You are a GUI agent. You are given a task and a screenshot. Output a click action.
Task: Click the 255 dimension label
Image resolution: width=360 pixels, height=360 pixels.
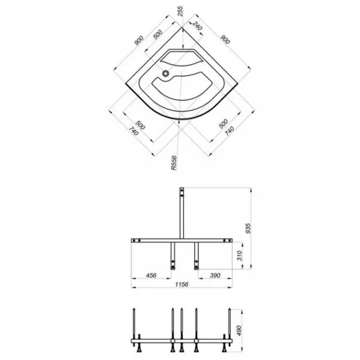tap(180, 11)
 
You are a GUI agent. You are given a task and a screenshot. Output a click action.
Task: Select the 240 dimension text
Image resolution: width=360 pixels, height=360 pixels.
tap(197, 26)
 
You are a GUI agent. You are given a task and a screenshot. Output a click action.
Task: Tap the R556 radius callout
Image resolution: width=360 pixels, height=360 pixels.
tap(173, 163)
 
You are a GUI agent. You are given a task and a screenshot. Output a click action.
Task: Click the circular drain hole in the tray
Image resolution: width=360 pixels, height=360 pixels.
tap(166, 74)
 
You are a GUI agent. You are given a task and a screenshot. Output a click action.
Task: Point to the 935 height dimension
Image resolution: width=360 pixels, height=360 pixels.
tap(248, 228)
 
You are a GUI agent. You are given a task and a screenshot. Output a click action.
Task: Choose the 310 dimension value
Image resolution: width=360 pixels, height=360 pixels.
tap(240, 256)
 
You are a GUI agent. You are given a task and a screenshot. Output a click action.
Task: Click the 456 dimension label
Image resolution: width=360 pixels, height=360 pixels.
tap(151, 276)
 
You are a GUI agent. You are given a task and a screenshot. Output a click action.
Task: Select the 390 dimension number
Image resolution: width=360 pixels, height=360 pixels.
tap(215, 276)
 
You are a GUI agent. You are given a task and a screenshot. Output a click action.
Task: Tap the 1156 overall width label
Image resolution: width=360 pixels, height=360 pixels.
tap(182, 284)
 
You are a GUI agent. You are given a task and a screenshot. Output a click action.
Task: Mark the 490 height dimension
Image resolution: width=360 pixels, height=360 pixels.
tap(239, 330)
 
